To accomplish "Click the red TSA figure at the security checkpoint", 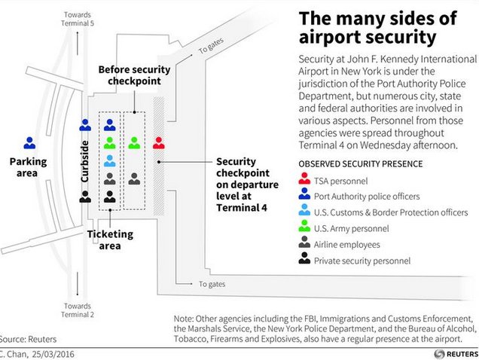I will point(158,142).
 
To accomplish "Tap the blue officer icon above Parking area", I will point(29,142).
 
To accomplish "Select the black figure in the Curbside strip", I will point(85,195).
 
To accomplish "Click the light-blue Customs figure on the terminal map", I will point(110,160).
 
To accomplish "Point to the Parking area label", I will point(28,166).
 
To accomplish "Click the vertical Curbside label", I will point(84,160).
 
